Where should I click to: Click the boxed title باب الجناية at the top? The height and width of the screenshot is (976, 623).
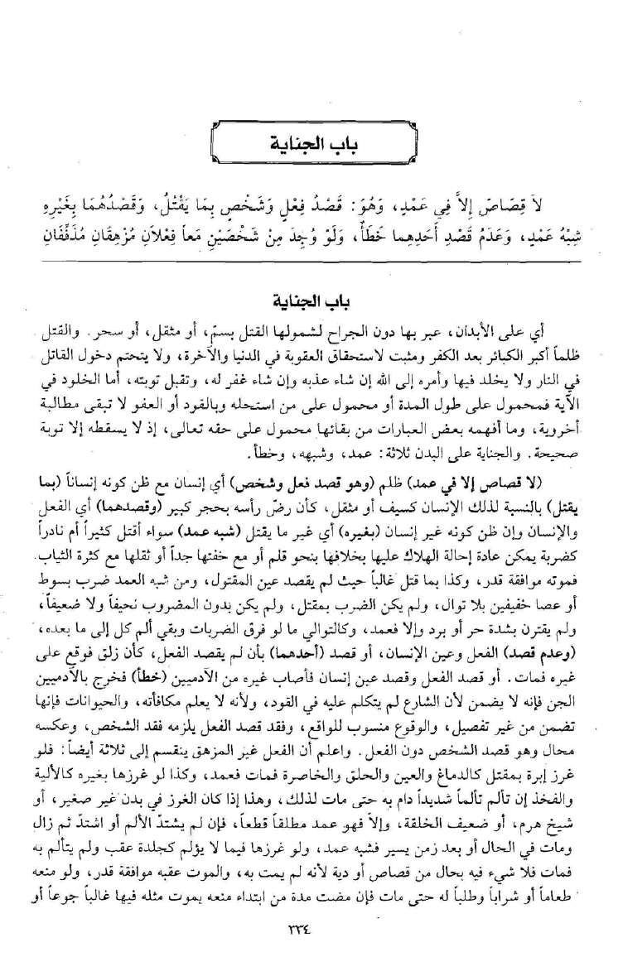point(311,150)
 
